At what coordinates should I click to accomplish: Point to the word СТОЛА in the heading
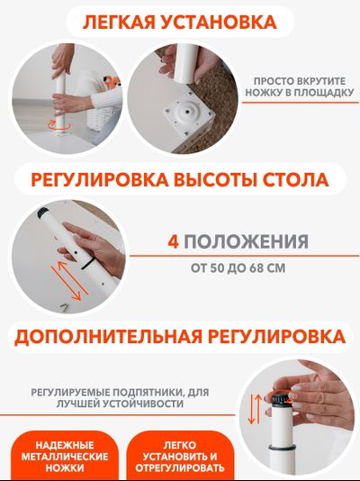pos(298,178)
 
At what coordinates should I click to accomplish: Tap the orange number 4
pos(175,241)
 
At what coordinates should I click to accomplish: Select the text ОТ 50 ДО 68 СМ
pos(238,267)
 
